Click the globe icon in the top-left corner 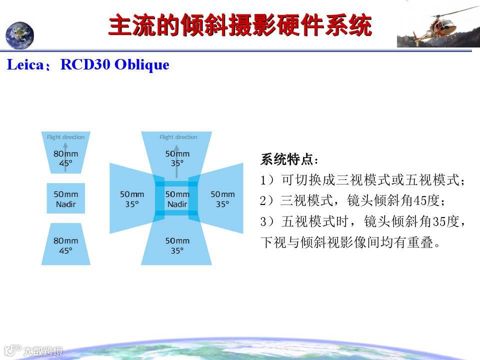(x=19, y=35)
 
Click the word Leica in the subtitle (x=25, y=64)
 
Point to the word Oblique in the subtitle (x=141, y=65)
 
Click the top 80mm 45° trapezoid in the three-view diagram (x=66, y=152)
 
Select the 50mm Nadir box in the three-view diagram (x=66, y=198)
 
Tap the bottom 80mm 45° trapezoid (x=66, y=244)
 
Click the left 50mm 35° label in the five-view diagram (x=132, y=199)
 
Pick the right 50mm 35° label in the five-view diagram (x=222, y=199)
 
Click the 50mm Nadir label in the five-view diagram (x=177, y=199)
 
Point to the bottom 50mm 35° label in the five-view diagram (x=177, y=245)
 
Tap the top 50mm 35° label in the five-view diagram (x=177, y=158)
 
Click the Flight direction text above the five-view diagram (x=178, y=137)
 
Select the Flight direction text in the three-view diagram (x=65, y=137)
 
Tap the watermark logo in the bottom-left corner (x=33, y=350)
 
